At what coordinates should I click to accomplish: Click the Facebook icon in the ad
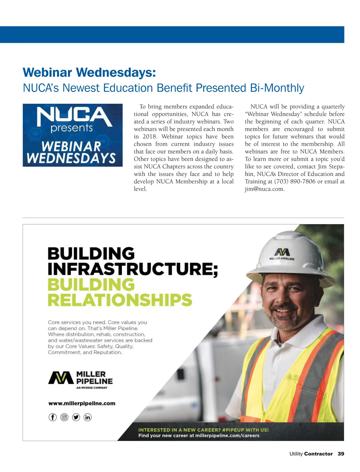pos(52,417)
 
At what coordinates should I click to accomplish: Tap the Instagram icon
pos(64,417)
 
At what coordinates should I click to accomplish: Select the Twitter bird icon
pos(76,417)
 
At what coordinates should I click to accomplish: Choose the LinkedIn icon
pos(87,417)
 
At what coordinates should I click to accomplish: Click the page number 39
pos(341,454)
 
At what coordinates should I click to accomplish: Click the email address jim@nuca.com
pos(265,189)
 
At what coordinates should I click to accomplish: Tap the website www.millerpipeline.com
pos(82,403)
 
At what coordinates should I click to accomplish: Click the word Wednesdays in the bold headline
pos(116,73)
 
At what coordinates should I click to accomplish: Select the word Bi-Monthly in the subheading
pos(277,88)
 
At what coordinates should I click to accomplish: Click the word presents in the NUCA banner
pos(72,128)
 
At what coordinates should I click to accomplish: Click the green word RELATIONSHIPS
pos(120,300)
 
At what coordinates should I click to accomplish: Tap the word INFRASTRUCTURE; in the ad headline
pos(133,269)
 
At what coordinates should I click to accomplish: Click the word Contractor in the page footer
pos(318,454)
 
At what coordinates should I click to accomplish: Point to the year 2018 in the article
pos(149,137)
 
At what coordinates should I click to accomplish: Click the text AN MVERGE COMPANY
pos(92,388)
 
